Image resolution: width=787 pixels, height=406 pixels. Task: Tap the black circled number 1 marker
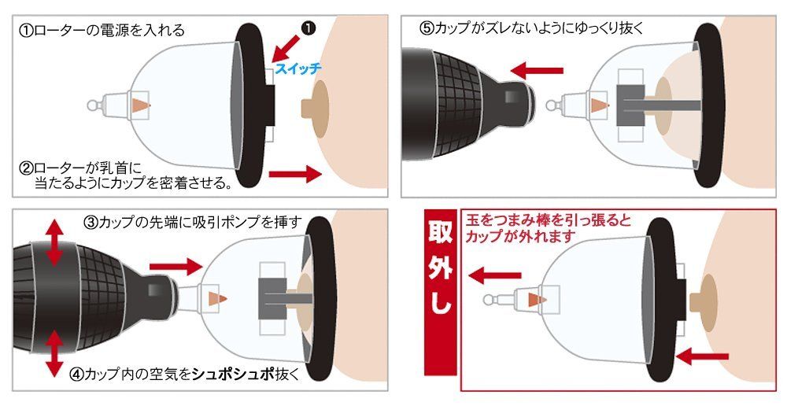click(x=309, y=27)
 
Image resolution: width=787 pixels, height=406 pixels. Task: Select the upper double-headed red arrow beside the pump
click(x=54, y=244)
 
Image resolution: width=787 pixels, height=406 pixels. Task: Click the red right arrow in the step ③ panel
click(x=173, y=266)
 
